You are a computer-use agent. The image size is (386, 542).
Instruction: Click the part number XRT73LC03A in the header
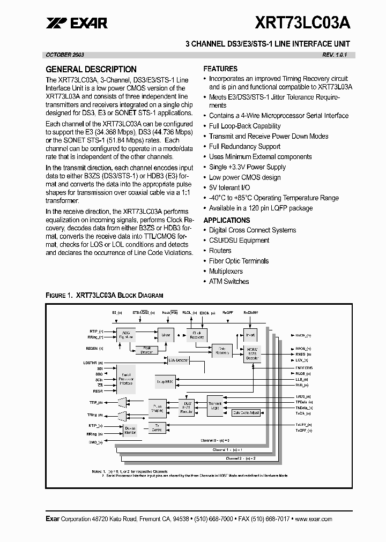[x=303, y=22]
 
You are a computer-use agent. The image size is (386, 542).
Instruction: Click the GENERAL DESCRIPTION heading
[x=91, y=69]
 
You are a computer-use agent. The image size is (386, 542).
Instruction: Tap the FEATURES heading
[x=220, y=69]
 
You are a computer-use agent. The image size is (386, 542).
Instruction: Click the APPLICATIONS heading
[x=227, y=220]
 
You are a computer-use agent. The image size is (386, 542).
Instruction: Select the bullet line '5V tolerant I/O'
[x=229, y=187]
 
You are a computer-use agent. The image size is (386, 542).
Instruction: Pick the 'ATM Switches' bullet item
[x=229, y=281]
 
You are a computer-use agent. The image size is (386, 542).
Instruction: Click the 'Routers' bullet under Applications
[x=220, y=251]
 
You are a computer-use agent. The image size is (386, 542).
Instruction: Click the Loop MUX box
[x=165, y=382]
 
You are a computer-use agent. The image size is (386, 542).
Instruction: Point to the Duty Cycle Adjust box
[x=246, y=412]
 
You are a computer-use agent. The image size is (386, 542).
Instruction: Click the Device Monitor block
[x=130, y=430]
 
